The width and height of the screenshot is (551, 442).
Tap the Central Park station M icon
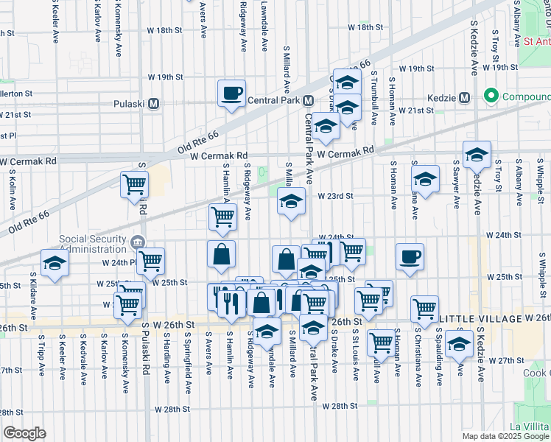tap(308, 100)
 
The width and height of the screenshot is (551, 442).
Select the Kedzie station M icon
tap(464, 97)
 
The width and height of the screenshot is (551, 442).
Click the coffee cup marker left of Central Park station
tap(232, 94)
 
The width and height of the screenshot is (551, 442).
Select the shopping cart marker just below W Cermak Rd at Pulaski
tap(135, 184)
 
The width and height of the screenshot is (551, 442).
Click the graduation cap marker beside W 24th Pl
tap(55, 264)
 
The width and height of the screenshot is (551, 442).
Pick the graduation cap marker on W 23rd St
tap(292, 200)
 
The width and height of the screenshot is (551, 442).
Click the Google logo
tap(24, 433)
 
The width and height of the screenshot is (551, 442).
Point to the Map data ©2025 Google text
tap(505, 436)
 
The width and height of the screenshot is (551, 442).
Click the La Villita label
tap(529, 427)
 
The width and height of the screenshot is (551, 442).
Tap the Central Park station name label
tap(273, 100)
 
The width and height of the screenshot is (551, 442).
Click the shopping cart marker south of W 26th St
tap(381, 341)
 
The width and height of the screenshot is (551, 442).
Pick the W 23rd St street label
tap(336, 196)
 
